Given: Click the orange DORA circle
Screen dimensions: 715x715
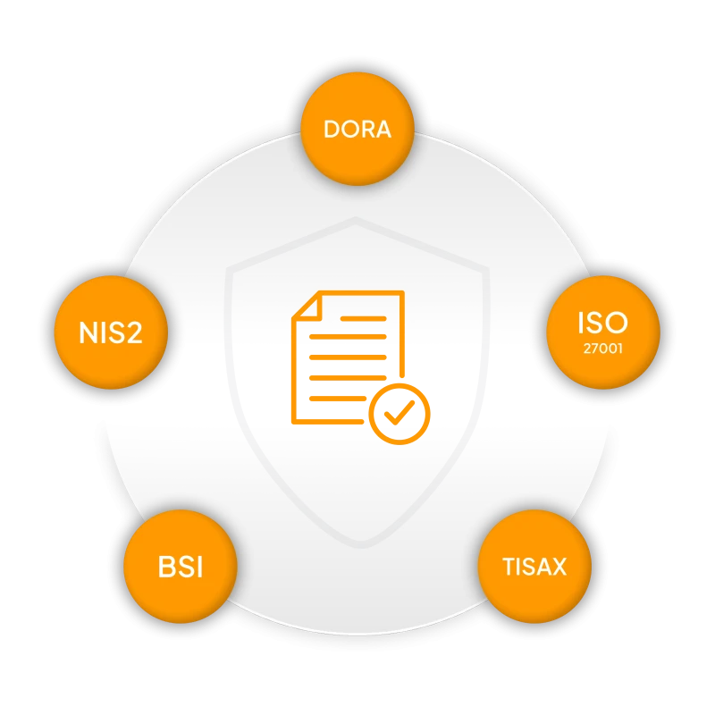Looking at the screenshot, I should coord(357,128).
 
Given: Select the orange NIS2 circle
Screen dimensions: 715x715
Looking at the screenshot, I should coord(111,332).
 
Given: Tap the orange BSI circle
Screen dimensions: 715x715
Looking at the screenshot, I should coord(180,566).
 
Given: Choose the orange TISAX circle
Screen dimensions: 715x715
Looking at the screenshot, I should coord(534,566).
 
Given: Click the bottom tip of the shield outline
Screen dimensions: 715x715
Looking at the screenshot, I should coord(357,543).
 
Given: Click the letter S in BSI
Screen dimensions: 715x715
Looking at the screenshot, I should coord(183,567).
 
